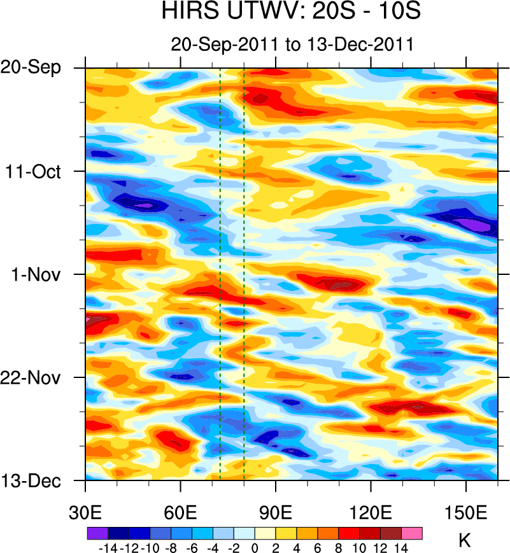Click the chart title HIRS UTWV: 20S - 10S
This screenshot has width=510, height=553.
pos(292,13)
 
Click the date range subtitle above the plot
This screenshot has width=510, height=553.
pos(293,45)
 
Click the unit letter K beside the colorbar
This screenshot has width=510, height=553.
pos(465,541)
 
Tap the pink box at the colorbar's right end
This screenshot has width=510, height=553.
pos(411,533)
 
